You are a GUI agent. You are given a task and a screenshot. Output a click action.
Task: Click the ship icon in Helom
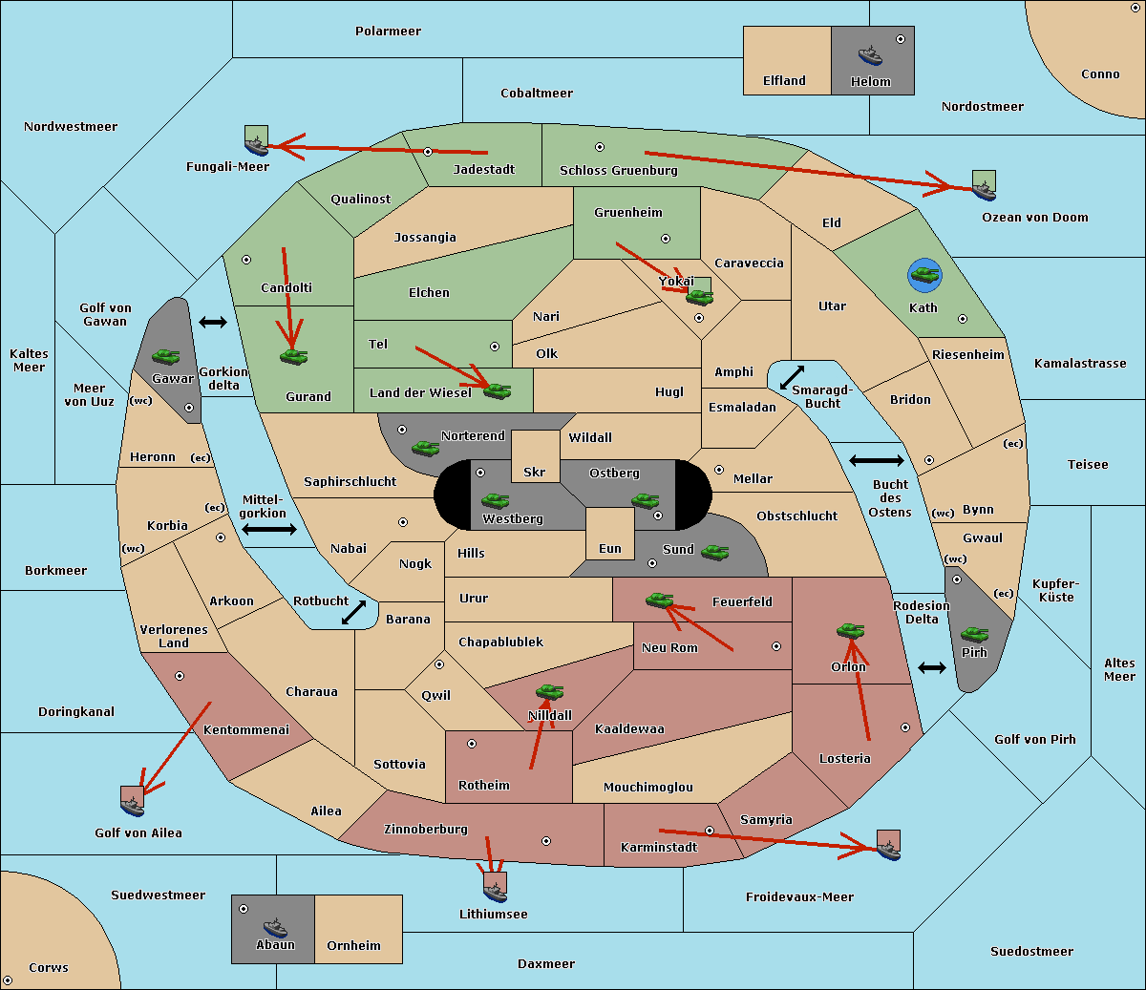click(869, 55)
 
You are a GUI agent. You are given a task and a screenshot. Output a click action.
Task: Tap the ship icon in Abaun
click(275, 927)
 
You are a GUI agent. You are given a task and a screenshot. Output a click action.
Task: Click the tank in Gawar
click(165, 356)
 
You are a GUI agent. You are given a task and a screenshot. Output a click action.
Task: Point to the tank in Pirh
click(974, 634)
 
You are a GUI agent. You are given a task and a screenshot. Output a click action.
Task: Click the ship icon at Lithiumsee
click(495, 889)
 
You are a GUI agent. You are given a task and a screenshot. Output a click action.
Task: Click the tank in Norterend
click(425, 447)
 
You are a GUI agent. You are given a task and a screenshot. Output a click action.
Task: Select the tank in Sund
click(714, 552)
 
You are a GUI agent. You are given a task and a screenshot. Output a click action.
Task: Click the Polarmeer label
click(388, 32)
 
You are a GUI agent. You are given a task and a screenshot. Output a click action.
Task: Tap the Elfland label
click(784, 81)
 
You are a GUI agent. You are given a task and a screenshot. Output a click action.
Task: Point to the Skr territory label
click(535, 473)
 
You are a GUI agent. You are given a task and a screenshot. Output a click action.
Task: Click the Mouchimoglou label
click(648, 788)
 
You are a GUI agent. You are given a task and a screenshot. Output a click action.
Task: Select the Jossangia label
click(425, 238)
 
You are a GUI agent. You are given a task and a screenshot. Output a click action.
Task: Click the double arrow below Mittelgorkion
click(269, 530)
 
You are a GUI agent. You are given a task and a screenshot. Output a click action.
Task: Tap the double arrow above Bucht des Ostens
click(876, 461)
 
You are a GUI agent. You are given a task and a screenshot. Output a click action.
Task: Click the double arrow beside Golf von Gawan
click(213, 323)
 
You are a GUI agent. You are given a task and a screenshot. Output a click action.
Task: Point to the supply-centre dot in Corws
click(8, 980)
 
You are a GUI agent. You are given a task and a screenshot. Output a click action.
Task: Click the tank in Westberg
click(495, 500)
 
